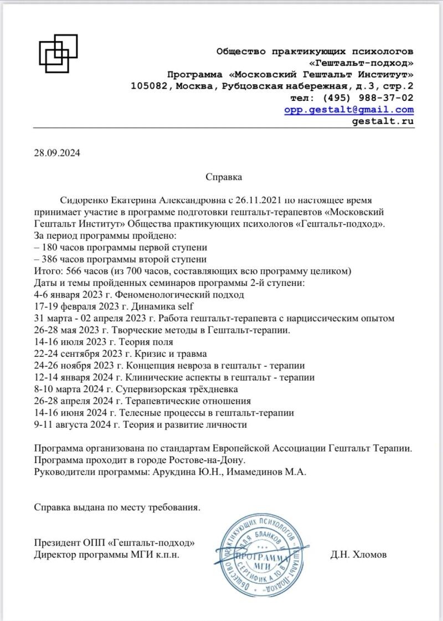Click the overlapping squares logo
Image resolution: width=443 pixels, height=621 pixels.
point(58,53)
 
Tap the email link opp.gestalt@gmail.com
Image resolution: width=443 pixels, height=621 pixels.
point(349,110)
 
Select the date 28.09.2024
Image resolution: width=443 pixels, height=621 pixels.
point(57,153)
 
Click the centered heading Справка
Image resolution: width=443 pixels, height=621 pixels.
point(224,177)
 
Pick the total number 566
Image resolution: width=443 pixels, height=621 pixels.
point(75,271)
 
